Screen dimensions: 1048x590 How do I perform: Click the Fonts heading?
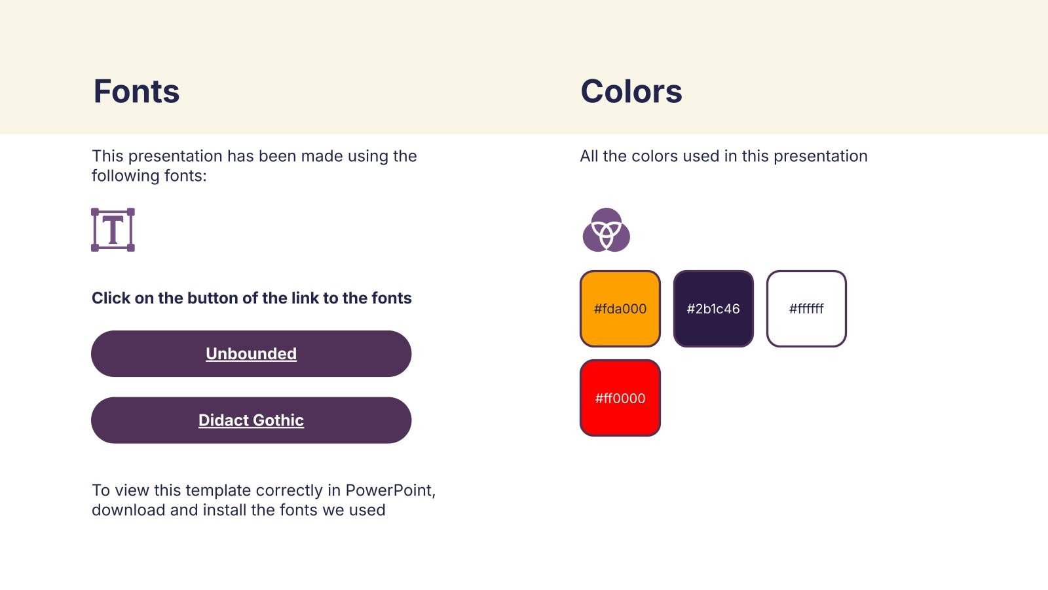[x=136, y=91]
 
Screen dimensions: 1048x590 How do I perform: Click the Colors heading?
[x=631, y=91]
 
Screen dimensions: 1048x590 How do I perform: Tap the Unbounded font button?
[x=252, y=353]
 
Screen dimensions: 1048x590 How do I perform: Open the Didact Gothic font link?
[x=252, y=420]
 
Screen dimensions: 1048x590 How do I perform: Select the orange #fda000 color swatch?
[x=620, y=309]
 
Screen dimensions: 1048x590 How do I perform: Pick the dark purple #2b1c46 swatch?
[x=713, y=309]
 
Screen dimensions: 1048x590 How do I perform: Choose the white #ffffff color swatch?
[x=806, y=309]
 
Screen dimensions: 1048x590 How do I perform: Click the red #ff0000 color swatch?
[x=620, y=398]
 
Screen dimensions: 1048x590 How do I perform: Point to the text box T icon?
[x=113, y=230]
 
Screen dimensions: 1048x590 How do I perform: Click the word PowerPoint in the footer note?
[x=390, y=490]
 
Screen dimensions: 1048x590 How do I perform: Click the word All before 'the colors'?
[x=589, y=156]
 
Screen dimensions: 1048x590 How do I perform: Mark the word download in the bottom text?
[x=128, y=510]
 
